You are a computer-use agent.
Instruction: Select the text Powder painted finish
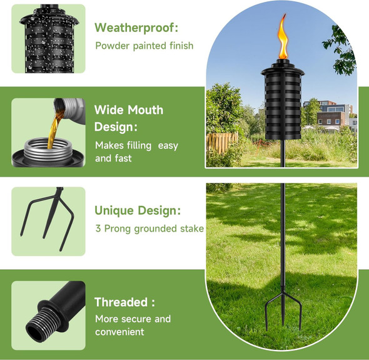pos(144,46)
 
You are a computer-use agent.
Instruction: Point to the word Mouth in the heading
pos(145,110)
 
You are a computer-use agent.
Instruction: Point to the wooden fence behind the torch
pos(222,140)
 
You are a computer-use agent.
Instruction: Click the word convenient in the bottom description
pos(119,332)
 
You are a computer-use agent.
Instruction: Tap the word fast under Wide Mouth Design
pos(124,158)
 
